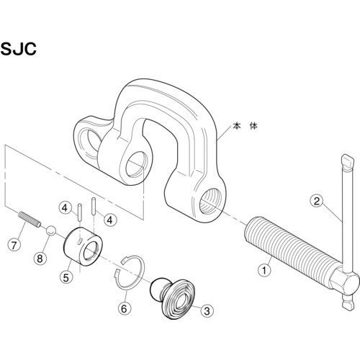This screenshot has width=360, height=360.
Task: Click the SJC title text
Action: (19, 49)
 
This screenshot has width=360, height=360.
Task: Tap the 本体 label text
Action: (245, 126)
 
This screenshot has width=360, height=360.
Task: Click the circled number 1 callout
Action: (264, 271)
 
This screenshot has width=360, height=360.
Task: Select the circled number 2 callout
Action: (317, 201)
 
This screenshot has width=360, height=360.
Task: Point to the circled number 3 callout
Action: (207, 311)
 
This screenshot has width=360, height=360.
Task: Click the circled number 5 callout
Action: (66, 277)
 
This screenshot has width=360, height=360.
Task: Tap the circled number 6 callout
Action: (124, 308)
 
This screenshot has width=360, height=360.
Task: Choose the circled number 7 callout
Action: (14, 245)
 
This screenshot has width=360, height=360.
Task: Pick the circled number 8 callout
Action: (40, 258)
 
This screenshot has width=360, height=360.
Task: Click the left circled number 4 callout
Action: (65, 208)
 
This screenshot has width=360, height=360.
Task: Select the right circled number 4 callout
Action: (110, 220)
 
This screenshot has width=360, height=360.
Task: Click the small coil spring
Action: (30, 219)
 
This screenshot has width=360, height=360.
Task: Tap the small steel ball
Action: (51, 230)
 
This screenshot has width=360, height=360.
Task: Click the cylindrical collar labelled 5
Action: (83, 246)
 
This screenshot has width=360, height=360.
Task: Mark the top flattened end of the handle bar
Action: (347, 161)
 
